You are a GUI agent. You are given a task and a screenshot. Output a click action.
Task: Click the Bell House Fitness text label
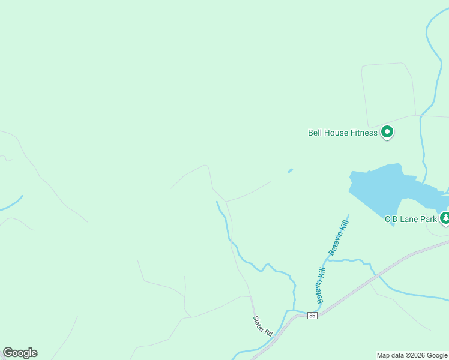342,133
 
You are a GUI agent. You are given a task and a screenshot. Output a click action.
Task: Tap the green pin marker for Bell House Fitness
387,131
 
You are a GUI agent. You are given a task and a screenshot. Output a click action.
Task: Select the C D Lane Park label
411,219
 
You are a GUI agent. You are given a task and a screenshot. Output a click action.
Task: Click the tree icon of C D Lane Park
445,218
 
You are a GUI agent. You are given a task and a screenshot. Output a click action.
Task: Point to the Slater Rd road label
262,325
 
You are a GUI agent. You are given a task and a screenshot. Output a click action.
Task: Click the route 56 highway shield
312,316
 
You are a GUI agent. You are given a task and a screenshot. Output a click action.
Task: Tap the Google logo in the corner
20,353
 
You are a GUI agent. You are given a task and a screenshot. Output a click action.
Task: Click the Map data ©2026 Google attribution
412,355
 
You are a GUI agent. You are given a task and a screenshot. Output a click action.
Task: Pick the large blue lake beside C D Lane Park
384,189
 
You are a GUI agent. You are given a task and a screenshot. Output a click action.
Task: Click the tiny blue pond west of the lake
291,170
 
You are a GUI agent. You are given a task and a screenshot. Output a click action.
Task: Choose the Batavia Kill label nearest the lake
339,236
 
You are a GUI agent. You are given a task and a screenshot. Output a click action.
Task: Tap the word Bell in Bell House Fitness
315,133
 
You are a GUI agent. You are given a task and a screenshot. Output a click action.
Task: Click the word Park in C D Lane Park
429,219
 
